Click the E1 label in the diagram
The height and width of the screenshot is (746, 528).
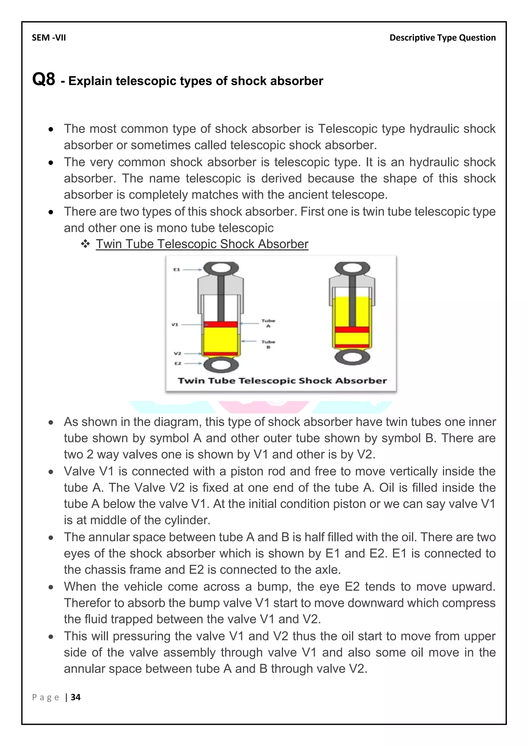[177, 269]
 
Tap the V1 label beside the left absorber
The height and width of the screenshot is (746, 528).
[175, 324]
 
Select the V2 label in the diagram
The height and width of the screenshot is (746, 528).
[177, 353]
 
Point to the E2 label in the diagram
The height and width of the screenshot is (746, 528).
[178, 363]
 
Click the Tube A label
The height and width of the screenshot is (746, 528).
[268, 323]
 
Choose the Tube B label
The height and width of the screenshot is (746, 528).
[268, 344]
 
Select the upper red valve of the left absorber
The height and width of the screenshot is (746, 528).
[220, 324]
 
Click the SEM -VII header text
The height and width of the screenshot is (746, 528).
[49, 38]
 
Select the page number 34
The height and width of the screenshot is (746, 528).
[76, 697]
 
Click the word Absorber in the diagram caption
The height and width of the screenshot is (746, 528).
[361, 380]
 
